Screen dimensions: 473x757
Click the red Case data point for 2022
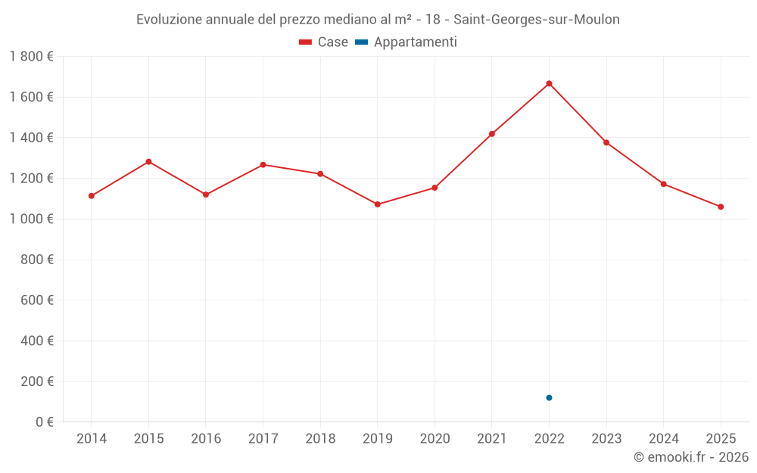coord(549,83)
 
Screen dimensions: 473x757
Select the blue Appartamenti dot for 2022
coord(549,397)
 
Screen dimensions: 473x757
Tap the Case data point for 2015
coord(148,162)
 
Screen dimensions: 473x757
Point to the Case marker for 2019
coord(378,204)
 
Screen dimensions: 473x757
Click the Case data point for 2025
coord(721,207)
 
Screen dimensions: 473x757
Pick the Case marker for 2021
coord(492,134)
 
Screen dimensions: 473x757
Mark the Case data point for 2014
coord(92,196)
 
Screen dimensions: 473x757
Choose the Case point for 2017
coord(263,164)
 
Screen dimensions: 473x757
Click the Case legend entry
coord(324,42)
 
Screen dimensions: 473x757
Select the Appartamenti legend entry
coord(407,42)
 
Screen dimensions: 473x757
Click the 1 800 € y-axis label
coord(31,57)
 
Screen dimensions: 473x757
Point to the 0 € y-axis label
coord(45,422)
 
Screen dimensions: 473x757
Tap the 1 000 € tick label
coord(31,219)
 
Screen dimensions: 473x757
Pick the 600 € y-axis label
coord(37,300)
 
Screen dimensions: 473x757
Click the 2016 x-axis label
coord(206,438)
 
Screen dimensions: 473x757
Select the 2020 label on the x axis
coord(435,438)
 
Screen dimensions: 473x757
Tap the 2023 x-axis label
coord(606,438)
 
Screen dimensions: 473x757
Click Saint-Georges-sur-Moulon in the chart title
coord(536,20)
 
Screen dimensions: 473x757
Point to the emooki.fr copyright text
coord(691,457)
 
